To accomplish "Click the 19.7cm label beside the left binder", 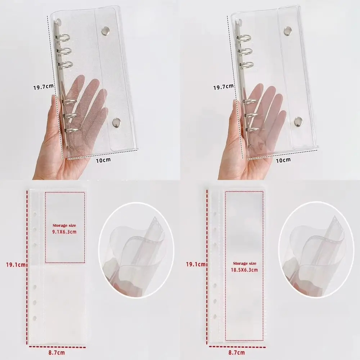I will pos(44,87).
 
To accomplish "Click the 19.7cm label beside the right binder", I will pos(224,87).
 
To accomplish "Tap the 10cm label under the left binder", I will pos(104,160).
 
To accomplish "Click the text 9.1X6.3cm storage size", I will pos(65,231).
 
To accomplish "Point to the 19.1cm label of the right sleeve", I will pos(195,265).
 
